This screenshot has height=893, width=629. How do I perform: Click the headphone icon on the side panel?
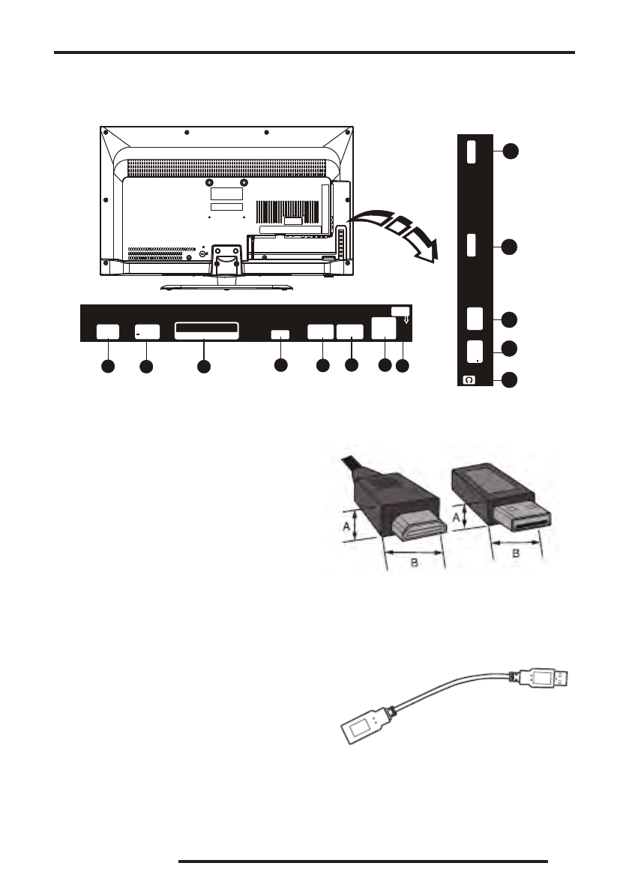coord(469,380)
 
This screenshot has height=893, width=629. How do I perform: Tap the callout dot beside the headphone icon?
coord(510,380)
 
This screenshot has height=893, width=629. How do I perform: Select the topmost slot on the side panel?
coord(471,152)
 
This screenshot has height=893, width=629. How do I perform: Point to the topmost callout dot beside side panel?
coord(510,151)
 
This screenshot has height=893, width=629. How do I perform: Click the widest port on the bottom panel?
coord(206,331)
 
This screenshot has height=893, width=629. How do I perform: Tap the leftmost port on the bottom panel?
coord(109,332)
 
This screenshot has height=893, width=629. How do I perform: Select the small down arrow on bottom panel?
coord(404,321)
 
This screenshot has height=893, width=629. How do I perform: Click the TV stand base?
coord(224,283)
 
